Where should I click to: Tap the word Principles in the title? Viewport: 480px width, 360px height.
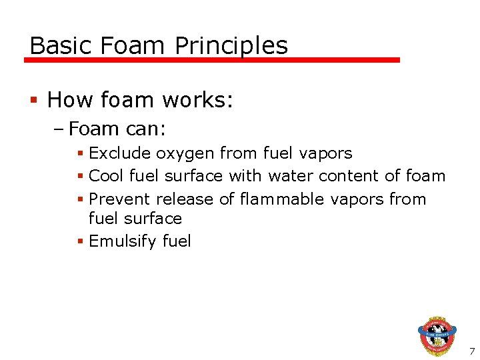click(231, 45)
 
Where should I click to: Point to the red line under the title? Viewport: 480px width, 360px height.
click(212, 60)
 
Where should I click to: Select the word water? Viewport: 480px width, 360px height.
click(291, 176)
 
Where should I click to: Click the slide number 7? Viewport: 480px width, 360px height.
click(472, 351)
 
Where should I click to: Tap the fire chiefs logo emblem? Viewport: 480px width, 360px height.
click(437, 335)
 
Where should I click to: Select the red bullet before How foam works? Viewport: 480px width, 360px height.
click(34, 101)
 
